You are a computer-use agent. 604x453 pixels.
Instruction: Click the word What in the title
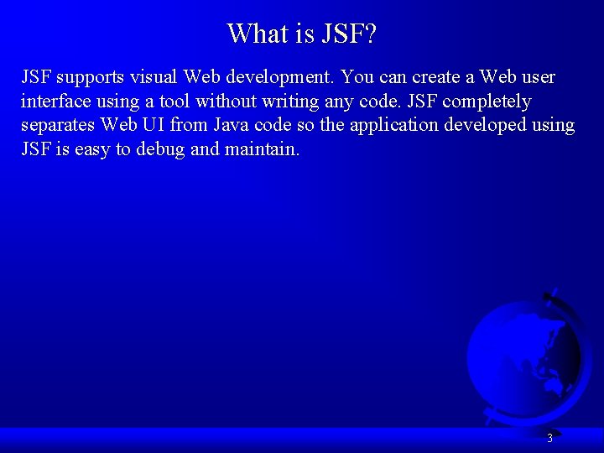[258, 34]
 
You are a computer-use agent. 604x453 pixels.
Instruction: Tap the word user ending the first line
[535, 78]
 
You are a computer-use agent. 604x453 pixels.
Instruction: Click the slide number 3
[549, 438]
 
